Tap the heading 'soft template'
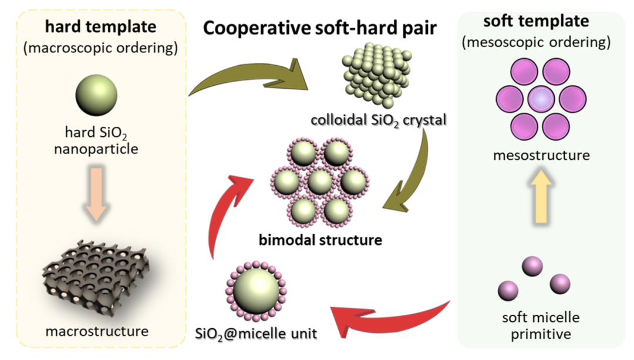[x=535, y=22]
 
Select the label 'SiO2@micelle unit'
[x=255, y=334]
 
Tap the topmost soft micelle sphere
[x=532, y=266]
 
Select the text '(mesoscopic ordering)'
[x=536, y=42]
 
